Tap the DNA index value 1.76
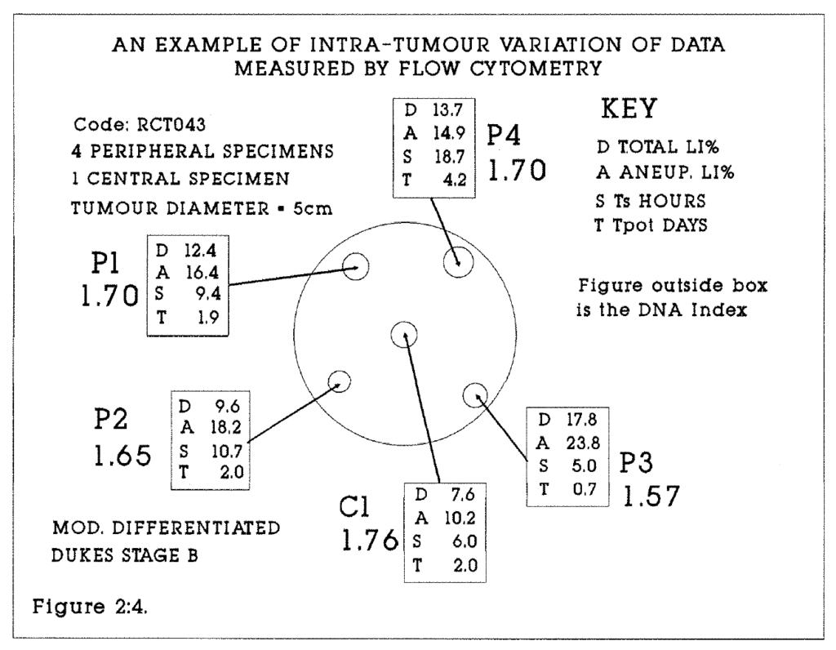click(x=368, y=541)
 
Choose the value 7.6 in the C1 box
click(x=454, y=496)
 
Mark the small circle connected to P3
click(x=474, y=395)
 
